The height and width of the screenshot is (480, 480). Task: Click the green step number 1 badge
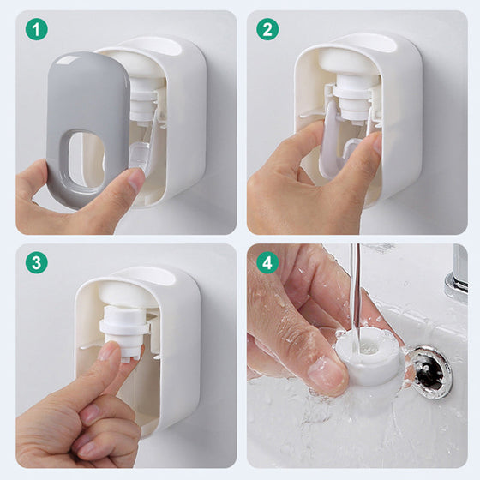click(36, 29)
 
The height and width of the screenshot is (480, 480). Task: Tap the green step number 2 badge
click(267, 29)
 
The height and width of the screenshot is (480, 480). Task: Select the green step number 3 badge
click(36, 262)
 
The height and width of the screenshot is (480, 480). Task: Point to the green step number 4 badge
click(267, 262)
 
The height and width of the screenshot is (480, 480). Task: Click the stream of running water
click(356, 294)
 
